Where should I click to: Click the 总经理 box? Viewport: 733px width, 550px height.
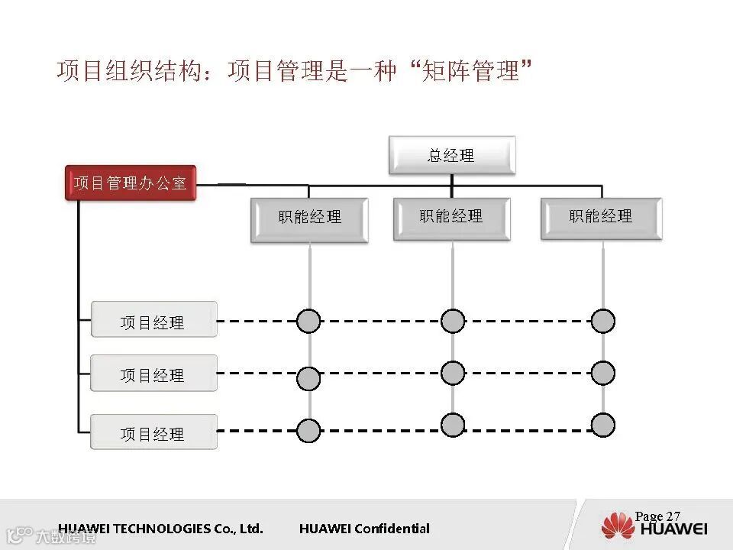coord(451,155)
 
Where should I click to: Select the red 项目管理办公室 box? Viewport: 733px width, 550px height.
coord(131,183)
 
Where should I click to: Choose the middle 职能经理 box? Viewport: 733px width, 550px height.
coord(451,218)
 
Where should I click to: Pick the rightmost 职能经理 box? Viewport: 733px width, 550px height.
coord(601,218)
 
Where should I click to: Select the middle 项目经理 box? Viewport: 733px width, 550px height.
coord(153,374)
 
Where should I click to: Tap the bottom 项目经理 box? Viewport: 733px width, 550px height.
coord(153,432)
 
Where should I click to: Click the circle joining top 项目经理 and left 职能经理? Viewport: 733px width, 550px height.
coord(308,321)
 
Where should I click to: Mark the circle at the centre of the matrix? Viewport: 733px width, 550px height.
coord(453,373)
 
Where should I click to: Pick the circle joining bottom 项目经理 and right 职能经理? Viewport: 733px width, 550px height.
coord(603,425)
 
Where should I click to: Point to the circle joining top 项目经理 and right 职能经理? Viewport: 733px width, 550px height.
coord(603,321)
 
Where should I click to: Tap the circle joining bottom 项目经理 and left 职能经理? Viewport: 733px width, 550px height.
coord(308,431)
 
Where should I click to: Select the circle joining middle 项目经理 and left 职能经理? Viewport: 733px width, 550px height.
coord(308,378)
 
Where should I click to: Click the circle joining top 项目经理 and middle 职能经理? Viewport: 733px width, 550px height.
coord(453,321)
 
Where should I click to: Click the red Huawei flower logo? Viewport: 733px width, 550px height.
coord(618,526)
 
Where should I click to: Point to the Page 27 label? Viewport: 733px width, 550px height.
coord(657,516)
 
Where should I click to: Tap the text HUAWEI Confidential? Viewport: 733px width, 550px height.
coord(364,529)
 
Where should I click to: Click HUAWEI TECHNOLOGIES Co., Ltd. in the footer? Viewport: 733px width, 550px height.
coord(160,529)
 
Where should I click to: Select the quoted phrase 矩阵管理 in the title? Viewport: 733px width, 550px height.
coord(471,72)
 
